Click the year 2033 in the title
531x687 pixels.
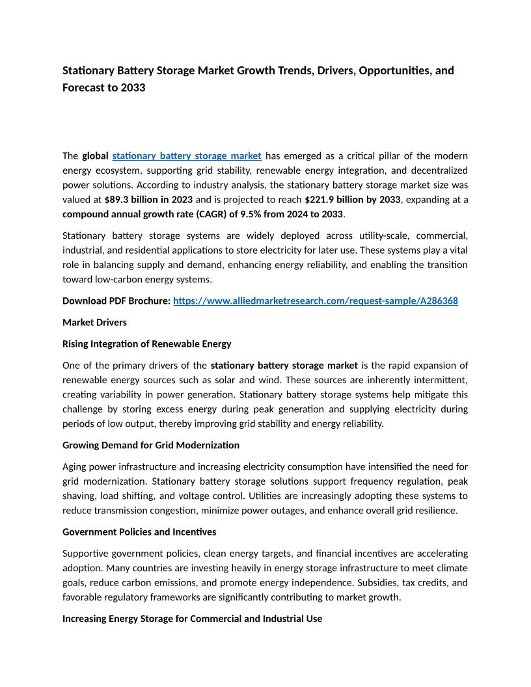(x=133, y=87)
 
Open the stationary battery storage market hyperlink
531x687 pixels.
(x=187, y=155)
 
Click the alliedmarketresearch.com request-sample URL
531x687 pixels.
(x=316, y=301)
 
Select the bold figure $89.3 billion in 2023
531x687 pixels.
(x=148, y=200)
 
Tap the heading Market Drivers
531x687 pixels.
(x=94, y=322)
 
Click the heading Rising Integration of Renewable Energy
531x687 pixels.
(x=146, y=343)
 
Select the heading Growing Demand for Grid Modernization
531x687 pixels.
(x=151, y=445)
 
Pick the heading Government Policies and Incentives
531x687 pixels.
(x=139, y=532)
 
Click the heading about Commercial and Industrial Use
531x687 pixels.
(x=192, y=619)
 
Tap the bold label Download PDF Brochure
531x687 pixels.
(x=116, y=301)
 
